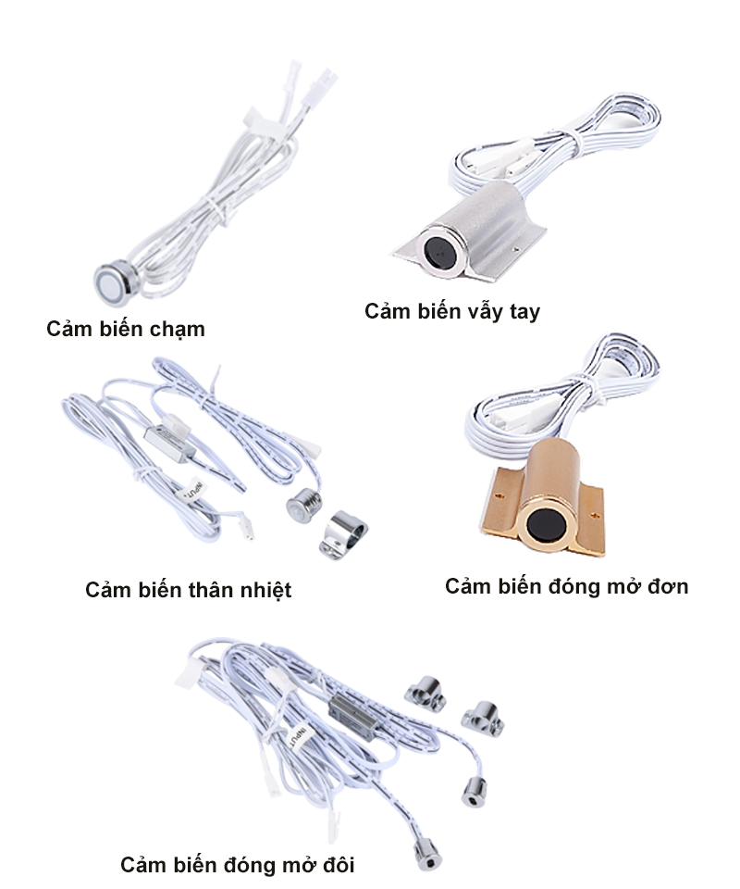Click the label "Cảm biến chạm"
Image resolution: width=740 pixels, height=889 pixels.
point(126,330)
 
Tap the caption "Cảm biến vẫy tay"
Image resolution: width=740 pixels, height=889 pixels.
point(452,311)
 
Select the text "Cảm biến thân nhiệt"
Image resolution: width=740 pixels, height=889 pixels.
point(189,590)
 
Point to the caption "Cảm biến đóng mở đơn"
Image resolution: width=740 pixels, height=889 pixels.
point(567,586)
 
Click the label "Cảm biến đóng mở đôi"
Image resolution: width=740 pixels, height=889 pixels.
point(238,865)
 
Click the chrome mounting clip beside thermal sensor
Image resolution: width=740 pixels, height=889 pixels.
point(343,534)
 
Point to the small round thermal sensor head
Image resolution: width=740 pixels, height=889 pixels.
point(304,506)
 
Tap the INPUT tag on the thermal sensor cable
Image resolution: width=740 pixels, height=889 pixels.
point(193,490)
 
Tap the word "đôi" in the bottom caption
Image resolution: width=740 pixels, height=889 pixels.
point(339,865)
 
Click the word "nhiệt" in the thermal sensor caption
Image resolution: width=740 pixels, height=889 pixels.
point(266,591)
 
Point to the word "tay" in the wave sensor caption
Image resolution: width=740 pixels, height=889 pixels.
point(524,312)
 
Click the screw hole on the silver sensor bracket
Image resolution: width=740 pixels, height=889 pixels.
point(516,248)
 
